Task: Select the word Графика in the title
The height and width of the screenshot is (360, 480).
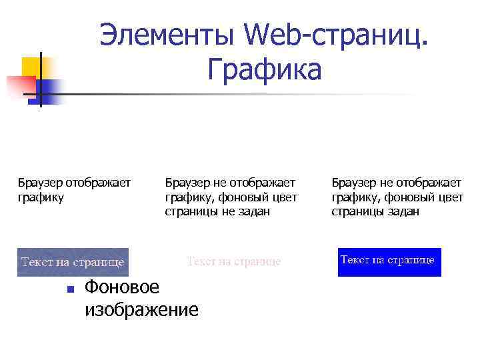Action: click(264, 69)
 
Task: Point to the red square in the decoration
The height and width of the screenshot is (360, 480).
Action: click(20, 85)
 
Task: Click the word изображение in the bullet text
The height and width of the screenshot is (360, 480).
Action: click(141, 309)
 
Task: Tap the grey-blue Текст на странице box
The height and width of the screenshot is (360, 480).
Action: click(73, 262)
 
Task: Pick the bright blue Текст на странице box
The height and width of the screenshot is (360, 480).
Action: click(389, 261)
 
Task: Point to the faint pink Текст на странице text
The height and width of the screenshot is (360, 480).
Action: click(233, 262)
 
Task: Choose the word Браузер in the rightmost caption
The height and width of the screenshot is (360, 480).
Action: click(354, 182)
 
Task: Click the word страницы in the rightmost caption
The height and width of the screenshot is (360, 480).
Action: click(357, 211)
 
